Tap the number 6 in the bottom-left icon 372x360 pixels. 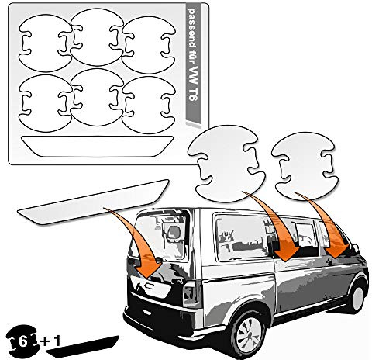(22, 342)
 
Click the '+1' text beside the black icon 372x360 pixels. (50, 341)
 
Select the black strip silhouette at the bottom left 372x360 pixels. (83, 346)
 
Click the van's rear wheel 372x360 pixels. (248, 332)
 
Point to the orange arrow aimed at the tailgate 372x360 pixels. (136, 242)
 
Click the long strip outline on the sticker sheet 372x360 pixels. (97, 146)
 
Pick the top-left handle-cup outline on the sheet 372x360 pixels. (44, 43)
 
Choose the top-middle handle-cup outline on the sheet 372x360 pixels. (97, 37)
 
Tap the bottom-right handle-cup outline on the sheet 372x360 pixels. (148, 105)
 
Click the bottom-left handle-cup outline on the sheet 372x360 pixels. (44, 103)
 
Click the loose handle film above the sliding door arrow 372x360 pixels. (226, 162)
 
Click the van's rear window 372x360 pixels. (160, 237)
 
